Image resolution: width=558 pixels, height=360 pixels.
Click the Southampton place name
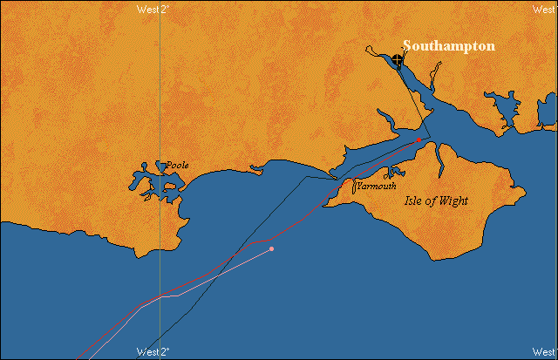click(x=448, y=46)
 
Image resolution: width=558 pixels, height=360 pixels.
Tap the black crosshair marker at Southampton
click(x=398, y=60)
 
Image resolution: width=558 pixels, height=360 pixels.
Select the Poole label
click(x=178, y=165)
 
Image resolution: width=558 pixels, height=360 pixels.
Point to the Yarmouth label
click(x=377, y=187)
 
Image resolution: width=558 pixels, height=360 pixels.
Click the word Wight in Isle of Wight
click(x=452, y=201)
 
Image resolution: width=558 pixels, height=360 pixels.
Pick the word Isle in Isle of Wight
click(x=416, y=201)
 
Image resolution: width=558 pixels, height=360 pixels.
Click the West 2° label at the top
click(x=154, y=9)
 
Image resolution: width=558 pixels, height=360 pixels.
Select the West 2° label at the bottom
click(x=154, y=352)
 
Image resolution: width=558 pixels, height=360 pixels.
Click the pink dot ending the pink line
click(x=271, y=249)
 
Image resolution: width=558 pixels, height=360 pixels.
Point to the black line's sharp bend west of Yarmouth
click(x=304, y=177)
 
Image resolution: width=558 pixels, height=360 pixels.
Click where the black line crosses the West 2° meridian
click(x=160, y=335)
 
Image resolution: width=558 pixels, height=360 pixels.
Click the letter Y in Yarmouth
click(x=359, y=187)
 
